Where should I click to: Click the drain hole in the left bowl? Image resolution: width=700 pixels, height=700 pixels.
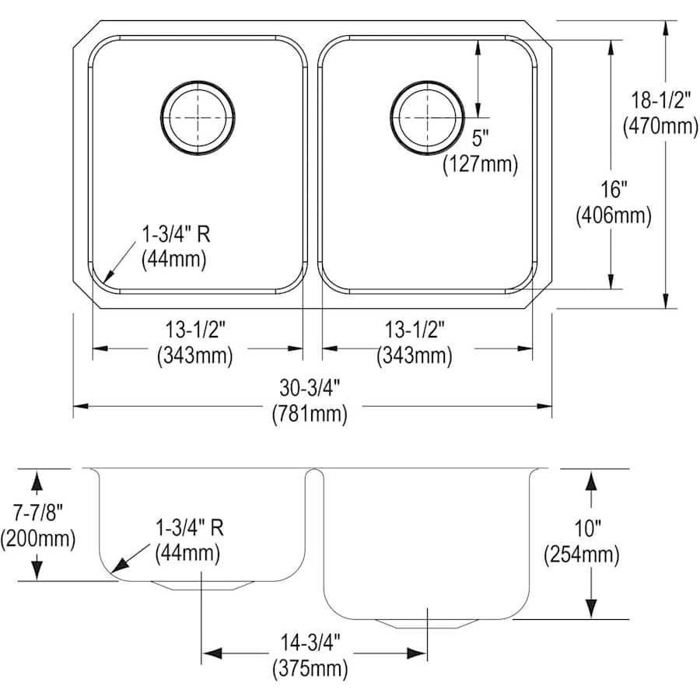[197, 118]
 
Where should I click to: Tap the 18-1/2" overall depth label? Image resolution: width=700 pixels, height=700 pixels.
[660, 100]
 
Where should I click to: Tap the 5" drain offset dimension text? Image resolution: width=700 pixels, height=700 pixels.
[480, 139]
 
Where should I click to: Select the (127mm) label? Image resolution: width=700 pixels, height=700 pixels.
[480, 164]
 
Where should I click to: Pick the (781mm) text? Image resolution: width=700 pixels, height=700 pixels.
[310, 414]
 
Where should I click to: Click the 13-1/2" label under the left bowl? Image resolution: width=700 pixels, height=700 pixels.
[195, 330]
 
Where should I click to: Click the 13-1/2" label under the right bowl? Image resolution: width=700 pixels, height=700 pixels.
[415, 330]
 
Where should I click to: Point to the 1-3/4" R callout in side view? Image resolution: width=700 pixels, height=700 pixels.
[189, 529]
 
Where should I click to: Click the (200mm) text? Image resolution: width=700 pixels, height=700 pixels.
[37, 537]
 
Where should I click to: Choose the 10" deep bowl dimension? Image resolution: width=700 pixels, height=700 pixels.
[588, 530]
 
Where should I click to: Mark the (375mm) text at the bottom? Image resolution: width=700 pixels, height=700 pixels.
[310, 667]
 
